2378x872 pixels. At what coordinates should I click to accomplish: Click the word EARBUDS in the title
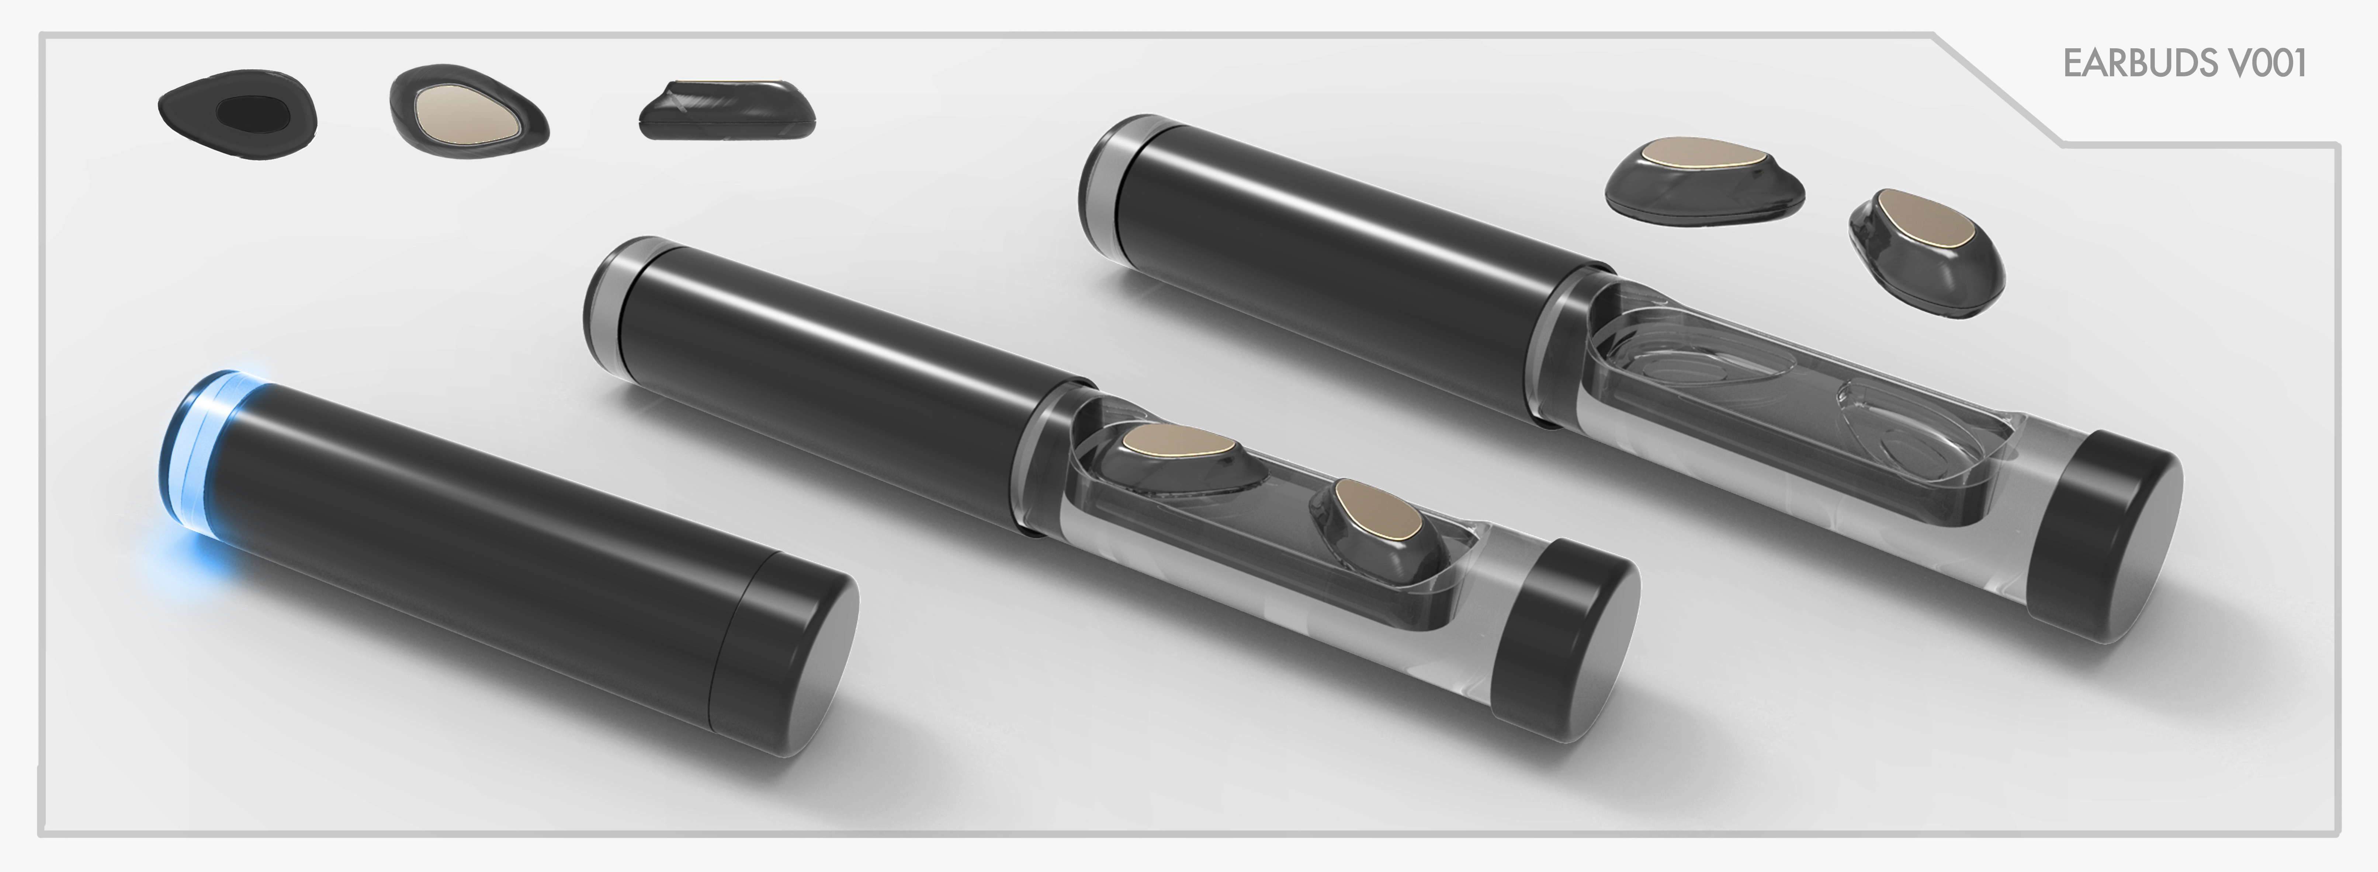coord(2125,64)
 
